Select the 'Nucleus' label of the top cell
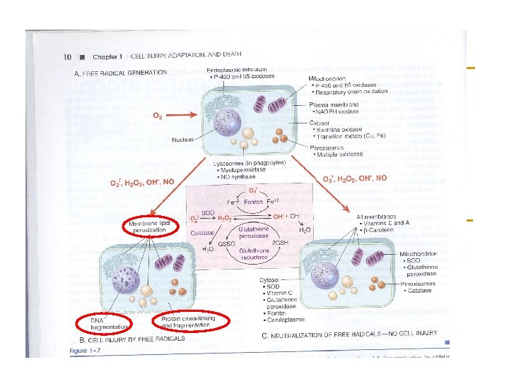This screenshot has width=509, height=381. tap(182, 140)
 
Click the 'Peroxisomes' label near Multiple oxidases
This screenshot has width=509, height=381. tap(326, 147)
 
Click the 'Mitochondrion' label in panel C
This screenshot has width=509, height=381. tap(418, 253)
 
